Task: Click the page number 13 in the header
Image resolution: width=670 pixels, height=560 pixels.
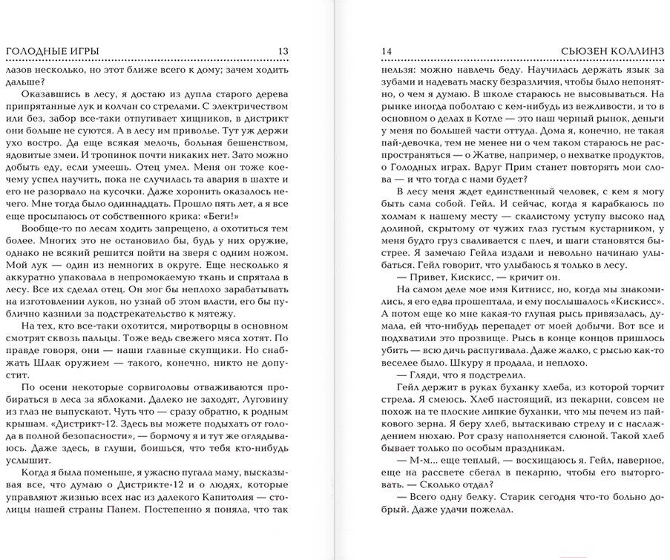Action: click(x=283, y=50)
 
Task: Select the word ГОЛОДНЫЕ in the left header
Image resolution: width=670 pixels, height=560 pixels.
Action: click(x=33, y=50)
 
